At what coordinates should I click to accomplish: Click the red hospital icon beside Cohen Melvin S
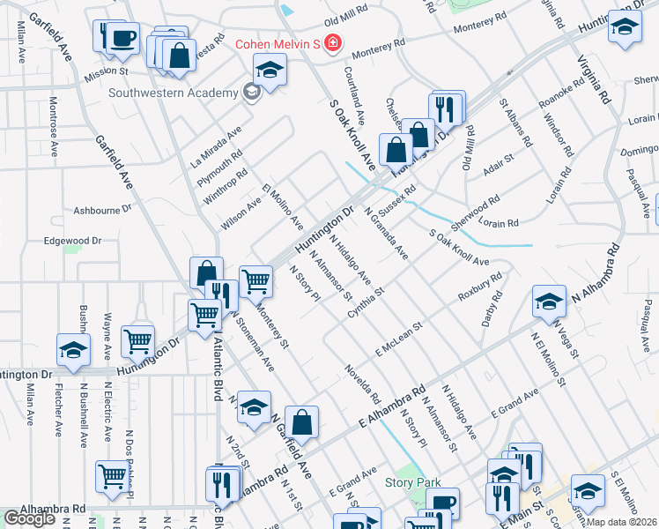click(332, 43)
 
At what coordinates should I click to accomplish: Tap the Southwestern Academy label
click(174, 93)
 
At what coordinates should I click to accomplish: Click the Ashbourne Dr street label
click(101, 210)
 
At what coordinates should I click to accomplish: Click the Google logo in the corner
click(29, 518)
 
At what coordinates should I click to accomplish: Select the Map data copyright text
click(622, 522)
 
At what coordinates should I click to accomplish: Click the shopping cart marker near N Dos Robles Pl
click(114, 476)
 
